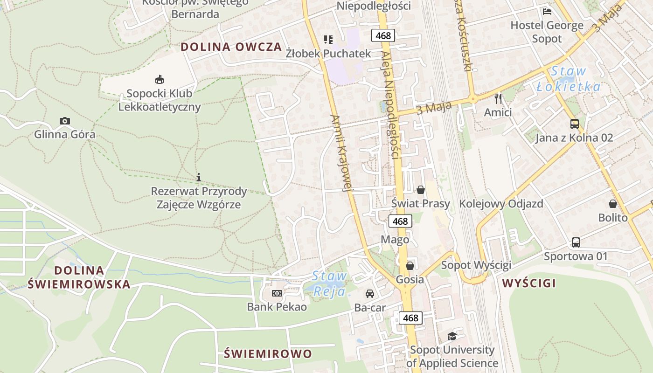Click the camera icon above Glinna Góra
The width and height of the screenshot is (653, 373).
point(65,121)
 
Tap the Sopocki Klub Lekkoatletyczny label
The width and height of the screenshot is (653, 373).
point(160,100)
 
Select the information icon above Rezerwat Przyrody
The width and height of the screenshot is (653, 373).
point(199,177)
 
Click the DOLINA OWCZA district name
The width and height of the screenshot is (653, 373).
point(231,47)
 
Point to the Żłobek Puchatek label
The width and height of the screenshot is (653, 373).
point(328,54)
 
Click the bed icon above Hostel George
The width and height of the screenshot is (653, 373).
point(547,12)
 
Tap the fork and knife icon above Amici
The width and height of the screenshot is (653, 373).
point(498,98)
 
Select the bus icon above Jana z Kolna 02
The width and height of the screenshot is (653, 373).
point(575,124)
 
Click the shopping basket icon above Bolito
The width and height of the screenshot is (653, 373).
point(613,204)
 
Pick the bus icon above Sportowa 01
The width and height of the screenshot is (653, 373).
point(576,242)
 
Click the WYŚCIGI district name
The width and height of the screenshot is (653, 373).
point(529,283)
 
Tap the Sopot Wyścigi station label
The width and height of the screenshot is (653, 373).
point(476,265)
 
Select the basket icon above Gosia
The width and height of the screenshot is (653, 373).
point(410,266)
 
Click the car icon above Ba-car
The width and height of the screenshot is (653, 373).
point(370,294)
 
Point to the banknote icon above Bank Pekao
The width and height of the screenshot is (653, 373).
point(277,293)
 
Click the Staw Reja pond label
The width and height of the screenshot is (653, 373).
point(329,283)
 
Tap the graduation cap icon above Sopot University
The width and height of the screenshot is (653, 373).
point(452,336)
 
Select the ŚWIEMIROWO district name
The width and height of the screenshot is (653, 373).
point(268,353)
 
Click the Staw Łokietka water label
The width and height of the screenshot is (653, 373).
point(569,79)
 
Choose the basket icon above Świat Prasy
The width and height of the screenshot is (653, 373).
point(421,190)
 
